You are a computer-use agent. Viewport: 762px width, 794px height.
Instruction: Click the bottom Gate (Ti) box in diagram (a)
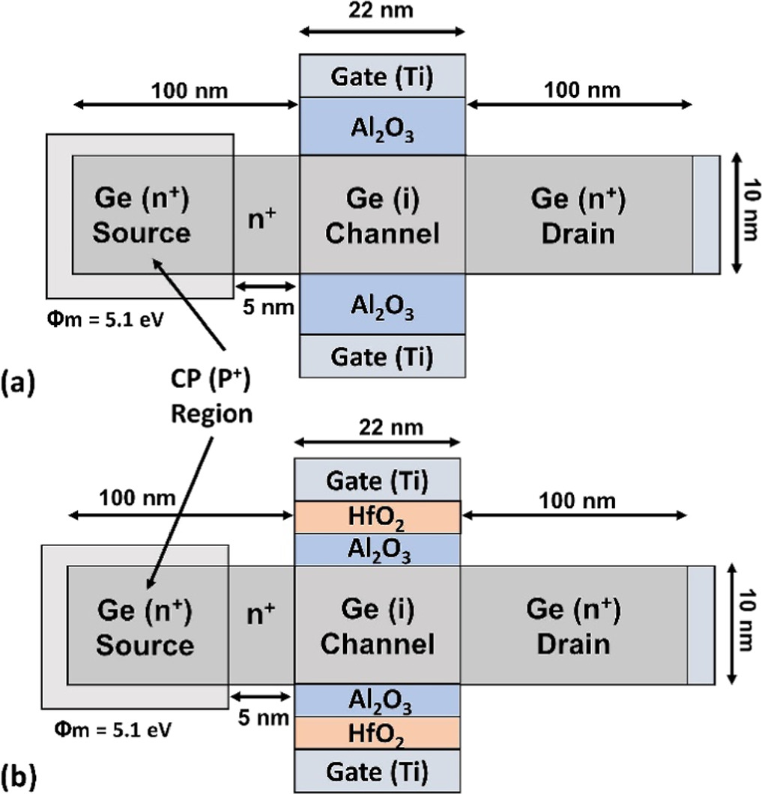[382, 355]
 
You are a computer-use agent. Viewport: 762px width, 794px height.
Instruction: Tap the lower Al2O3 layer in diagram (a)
[382, 305]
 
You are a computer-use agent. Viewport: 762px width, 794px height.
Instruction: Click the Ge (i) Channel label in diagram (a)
[382, 216]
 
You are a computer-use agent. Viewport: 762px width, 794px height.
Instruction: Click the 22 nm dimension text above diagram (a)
[382, 13]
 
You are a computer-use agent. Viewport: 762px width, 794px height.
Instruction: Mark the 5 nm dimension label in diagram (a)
[267, 307]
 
